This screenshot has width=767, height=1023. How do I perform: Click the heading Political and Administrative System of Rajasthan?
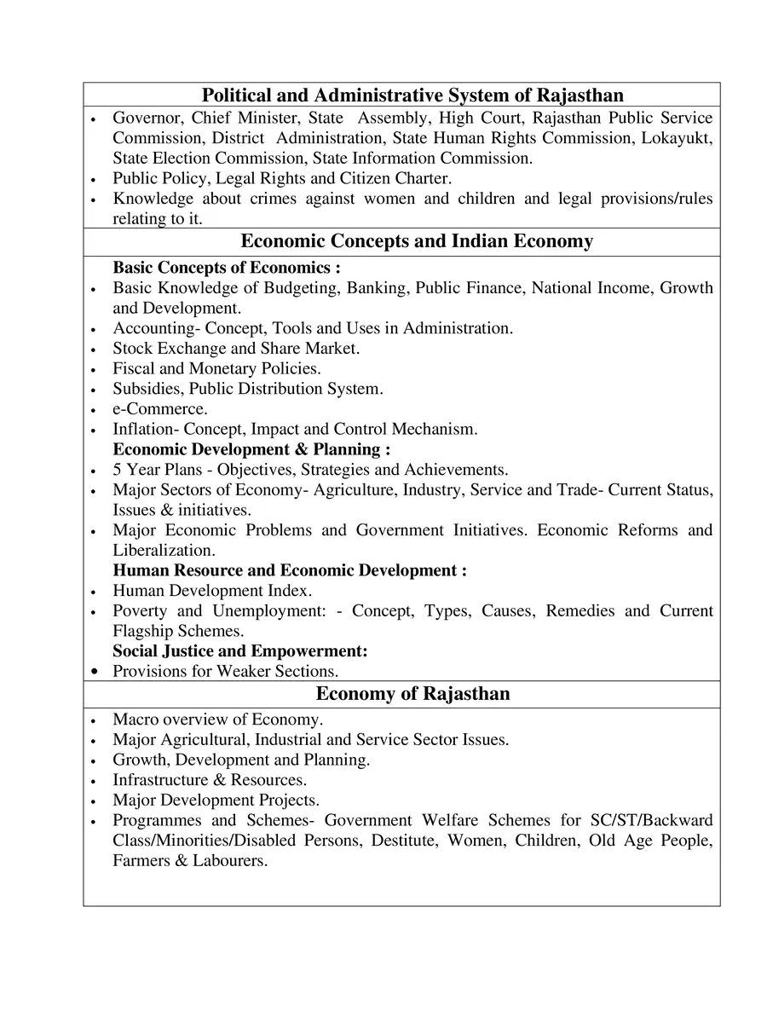pyautogui.click(x=412, y=95)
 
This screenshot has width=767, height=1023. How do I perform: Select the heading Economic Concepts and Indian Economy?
pyautogui.click(x=417, y=241)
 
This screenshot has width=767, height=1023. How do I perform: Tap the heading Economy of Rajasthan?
pyautogui.click(x=412, y=694)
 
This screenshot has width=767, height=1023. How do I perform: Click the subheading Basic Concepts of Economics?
pyautogui.click(x=226, y=268)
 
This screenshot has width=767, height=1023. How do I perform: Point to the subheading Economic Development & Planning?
pyautogui.click(x=251, y=449)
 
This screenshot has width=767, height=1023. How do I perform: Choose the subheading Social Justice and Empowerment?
pyautogui.click(x=239, y=651)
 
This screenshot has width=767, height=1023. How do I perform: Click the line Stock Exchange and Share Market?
pyautogui.click(x=236, y=349)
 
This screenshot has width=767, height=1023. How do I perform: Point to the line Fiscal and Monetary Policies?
pyautogui.click(x=216, y=369)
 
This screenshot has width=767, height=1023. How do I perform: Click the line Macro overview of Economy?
pyautogui.click(x=217, y=720)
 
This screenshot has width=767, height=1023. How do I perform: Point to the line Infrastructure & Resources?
pyautogui.click(x=210, y=780)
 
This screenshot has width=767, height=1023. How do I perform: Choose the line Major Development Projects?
pyautogui.click(x=216, y=800)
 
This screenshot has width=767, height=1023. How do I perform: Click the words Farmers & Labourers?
pyautogui.click(x=190, y=861)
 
